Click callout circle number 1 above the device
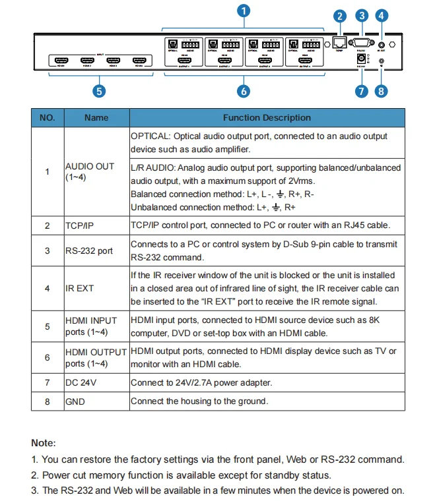pyautogui.click(x=244, y=11)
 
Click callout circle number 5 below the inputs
pyautogui.click(x=98, y=92)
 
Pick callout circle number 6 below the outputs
pyautogui.click(x=243, y=92)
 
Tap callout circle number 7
pyautogui.click(x=361, y=92)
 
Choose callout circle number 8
pyautogui.click(x=381, y=92)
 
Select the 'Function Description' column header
pyautogui.click(x=267, y=118)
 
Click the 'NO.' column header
pyautogui.click(x=47, y=118)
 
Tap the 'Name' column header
pyautogui.click(x=96, y=118)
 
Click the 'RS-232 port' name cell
pyautogui.click(x=89, y=251)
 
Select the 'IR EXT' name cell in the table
pyautogui.click(x=79, y=288)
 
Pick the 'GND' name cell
pyautogui.click(x=75, y=401)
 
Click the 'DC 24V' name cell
pyautogui.click(x=80, y=382)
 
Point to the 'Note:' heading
pyautogui.click(x=44, y=444)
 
